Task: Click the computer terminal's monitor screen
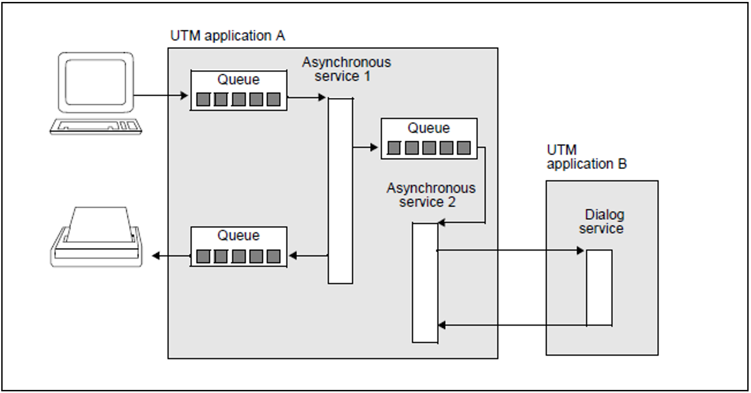95,82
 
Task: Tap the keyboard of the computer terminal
96,126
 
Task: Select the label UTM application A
228,36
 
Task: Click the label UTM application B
587,157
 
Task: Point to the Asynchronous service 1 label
346,69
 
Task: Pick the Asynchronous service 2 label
430,195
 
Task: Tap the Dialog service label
602,221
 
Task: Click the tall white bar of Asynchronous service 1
340,191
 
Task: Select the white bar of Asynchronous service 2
425,283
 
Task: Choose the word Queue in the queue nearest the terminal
238,80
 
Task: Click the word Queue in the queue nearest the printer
238,236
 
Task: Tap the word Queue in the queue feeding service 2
429,128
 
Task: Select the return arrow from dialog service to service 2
511,325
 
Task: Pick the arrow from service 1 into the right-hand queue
366,147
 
